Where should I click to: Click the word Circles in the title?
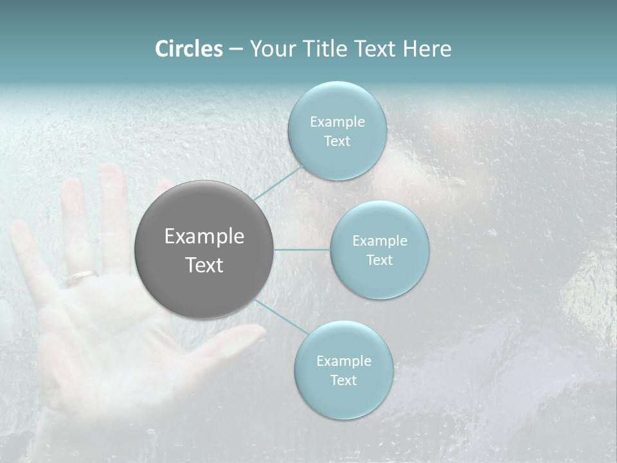click(x=189, y=49)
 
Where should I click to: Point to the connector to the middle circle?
click(x=302, y=250)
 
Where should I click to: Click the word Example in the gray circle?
click(x=204, y=237)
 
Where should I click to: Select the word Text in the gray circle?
click(x=204, y=265)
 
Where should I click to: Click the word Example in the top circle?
click(x=337, y=122)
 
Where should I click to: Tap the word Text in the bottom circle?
click(x=343, y=380)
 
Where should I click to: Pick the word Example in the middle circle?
click(x=380, y=241)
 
